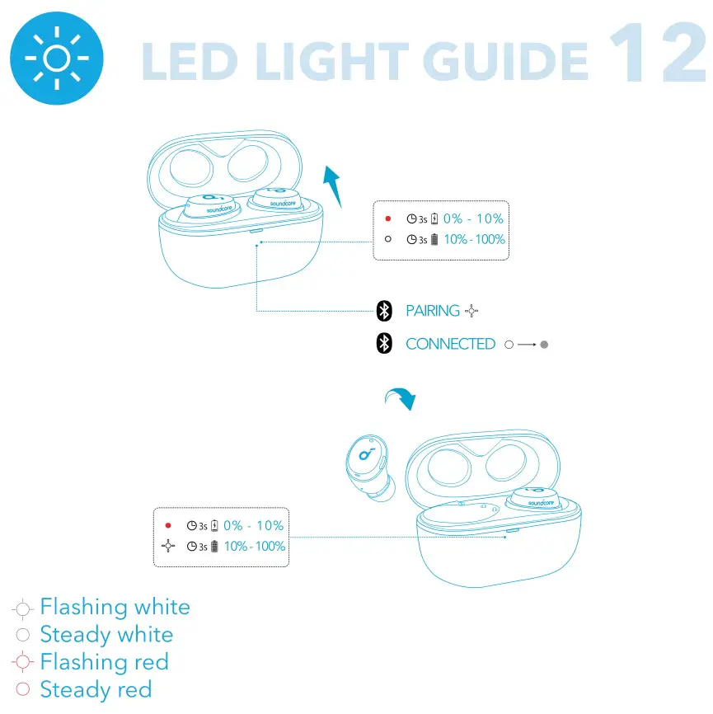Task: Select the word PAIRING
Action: coord(433,311)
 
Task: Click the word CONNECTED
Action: coord(450,345)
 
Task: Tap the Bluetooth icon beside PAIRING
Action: coord(383,311)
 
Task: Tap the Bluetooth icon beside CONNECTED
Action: coord(383,344)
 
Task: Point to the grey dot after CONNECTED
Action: coord(544,345)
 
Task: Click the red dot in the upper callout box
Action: coord(388,219)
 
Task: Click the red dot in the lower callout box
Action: coord(168,525)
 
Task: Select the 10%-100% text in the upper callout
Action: coord(474,240)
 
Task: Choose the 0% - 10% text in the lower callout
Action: coord(254,525)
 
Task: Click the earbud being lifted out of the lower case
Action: coord(368,465)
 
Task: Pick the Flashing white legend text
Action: coord(115,608)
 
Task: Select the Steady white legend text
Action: coord(106,635)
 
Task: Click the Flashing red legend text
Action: coord(104,662)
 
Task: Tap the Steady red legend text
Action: coord(96,689)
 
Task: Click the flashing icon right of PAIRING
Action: coord(471,311)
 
